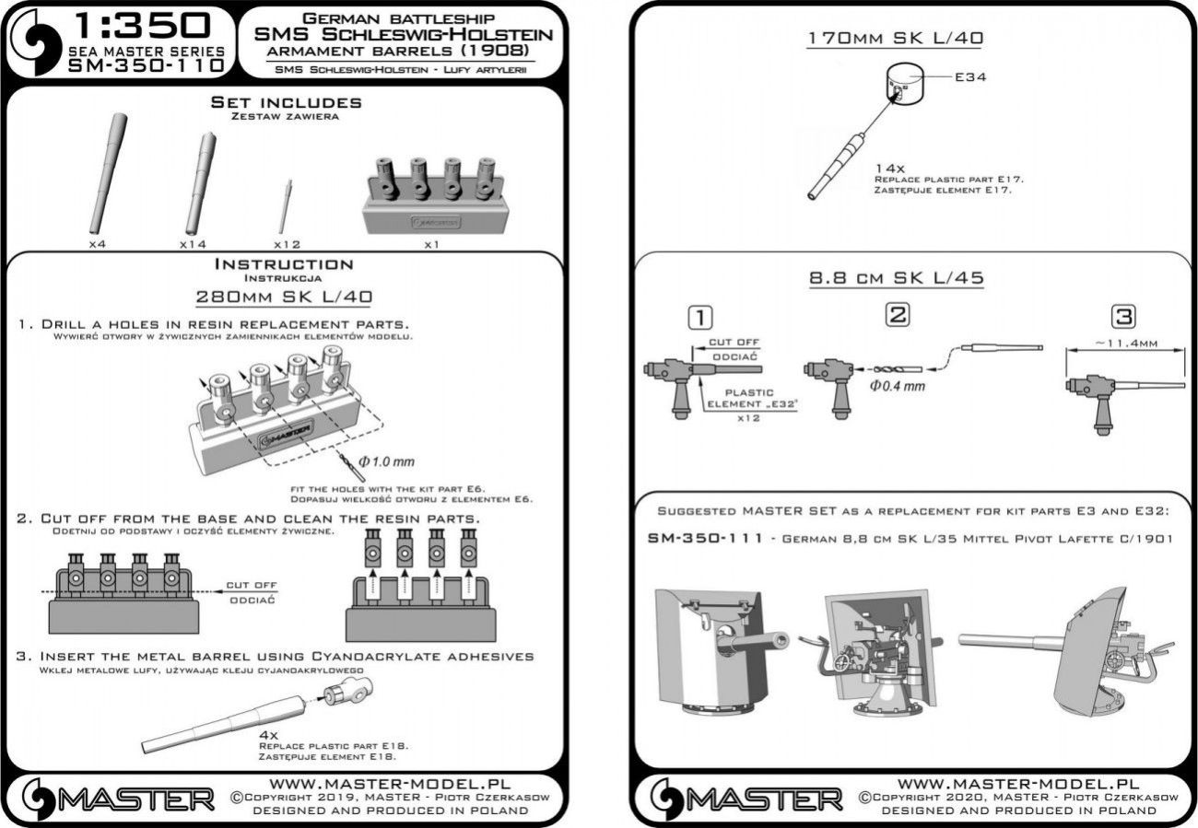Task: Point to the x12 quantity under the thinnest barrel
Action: pyautogui.click(x=288, y=246)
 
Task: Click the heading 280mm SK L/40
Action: pyautogui.click(x=284, y=297)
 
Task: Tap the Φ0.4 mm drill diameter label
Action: pyautogui.click(x=896, y=385)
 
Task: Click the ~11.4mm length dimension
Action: pyautogui.click(x=1122, y=342)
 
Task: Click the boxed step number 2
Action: pyautogui.click(x=896, y=315)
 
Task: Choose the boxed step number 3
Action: pyautogui.click(x=1122, y=316)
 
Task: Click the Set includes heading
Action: pyautogui.click(x=286, y=102)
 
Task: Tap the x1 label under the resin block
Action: pyautogui.click(x=429, y=246)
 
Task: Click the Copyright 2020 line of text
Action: pyautogui.click(x=1019, y=796)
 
